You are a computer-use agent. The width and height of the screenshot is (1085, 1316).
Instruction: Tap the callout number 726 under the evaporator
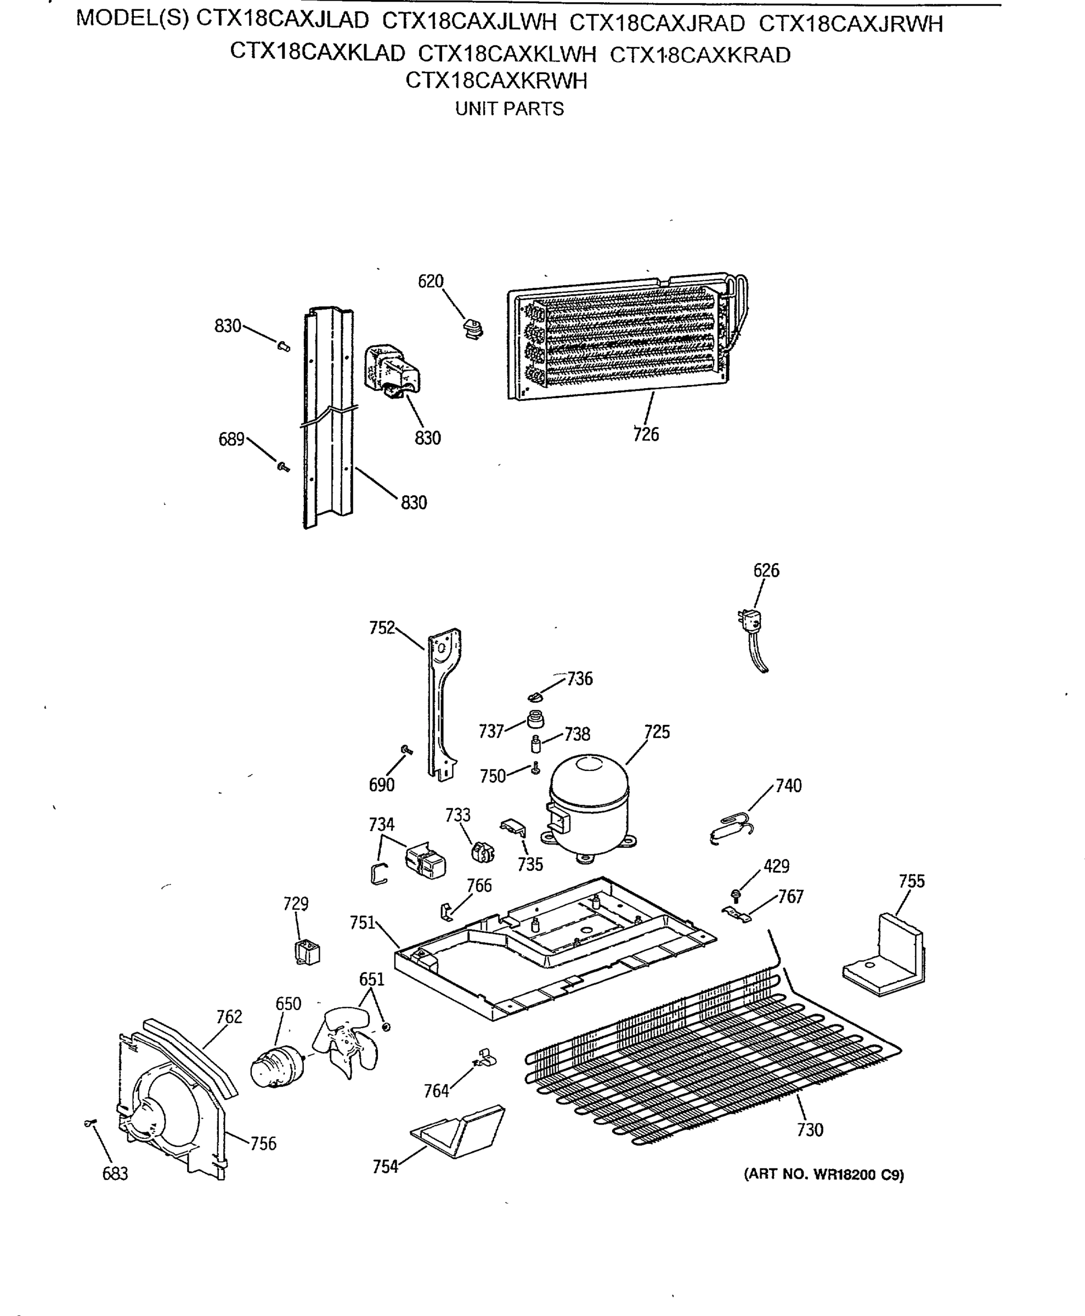click(646, 434)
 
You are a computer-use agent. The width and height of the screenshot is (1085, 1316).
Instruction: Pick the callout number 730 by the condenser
click(810, 1130)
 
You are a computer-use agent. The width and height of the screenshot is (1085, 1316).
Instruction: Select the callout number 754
click(385, 1167)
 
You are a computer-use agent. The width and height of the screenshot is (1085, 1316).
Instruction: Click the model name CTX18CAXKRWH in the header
click(496, 81)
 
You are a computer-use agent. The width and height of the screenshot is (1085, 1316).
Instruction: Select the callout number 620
click(430, 282)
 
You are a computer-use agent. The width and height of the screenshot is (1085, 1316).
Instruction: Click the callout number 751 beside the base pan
click(362, 923)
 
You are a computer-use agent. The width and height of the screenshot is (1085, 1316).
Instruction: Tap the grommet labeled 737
click(535, 719)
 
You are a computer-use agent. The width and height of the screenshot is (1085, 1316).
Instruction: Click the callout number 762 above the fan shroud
click(229, 1017)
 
